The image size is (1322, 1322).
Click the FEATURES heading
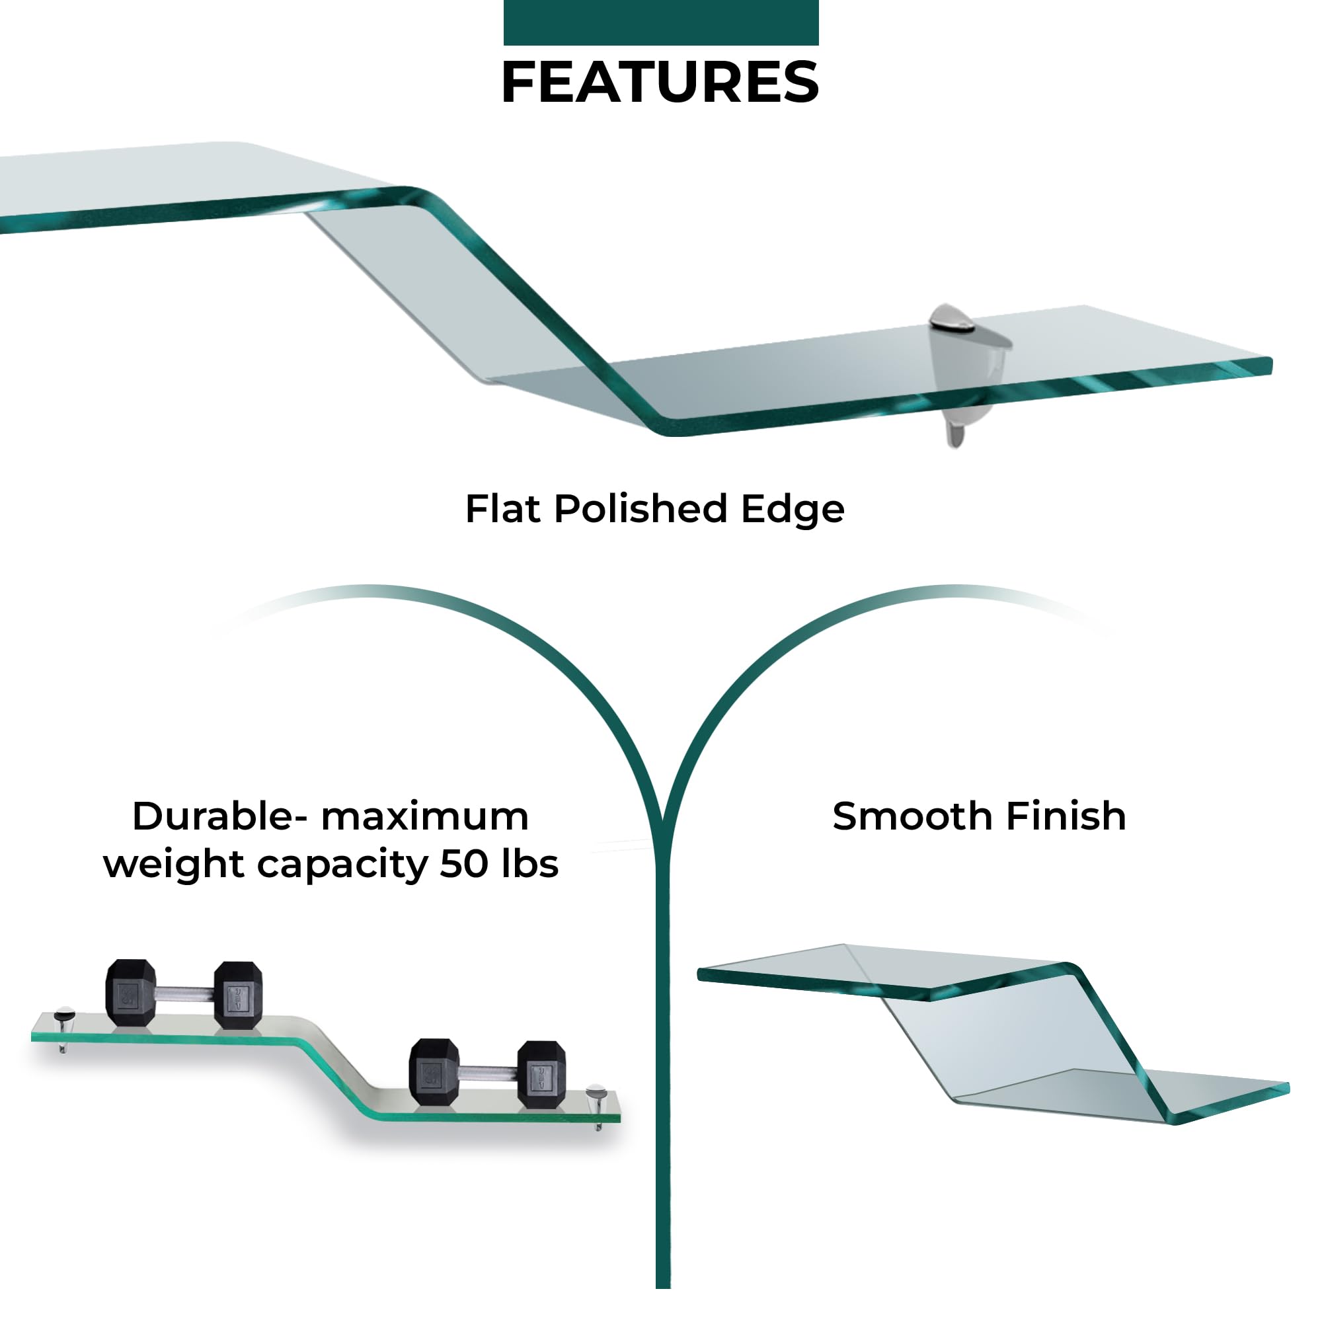660,82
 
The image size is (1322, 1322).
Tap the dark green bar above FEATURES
661,22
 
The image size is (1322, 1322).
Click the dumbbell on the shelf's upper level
184,994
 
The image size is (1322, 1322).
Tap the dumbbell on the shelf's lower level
488,1073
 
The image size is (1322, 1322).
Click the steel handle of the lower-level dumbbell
487,1073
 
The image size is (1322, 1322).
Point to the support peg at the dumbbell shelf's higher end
63,1029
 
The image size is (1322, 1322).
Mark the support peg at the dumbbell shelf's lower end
597,1107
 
